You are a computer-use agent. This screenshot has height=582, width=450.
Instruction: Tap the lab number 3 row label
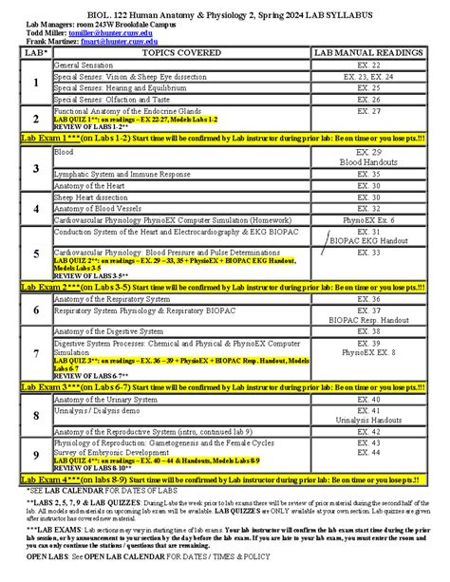[35, 168]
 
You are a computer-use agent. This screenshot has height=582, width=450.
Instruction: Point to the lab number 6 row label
[35, 310]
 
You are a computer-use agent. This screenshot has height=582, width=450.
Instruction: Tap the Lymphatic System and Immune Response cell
[122, 175]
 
